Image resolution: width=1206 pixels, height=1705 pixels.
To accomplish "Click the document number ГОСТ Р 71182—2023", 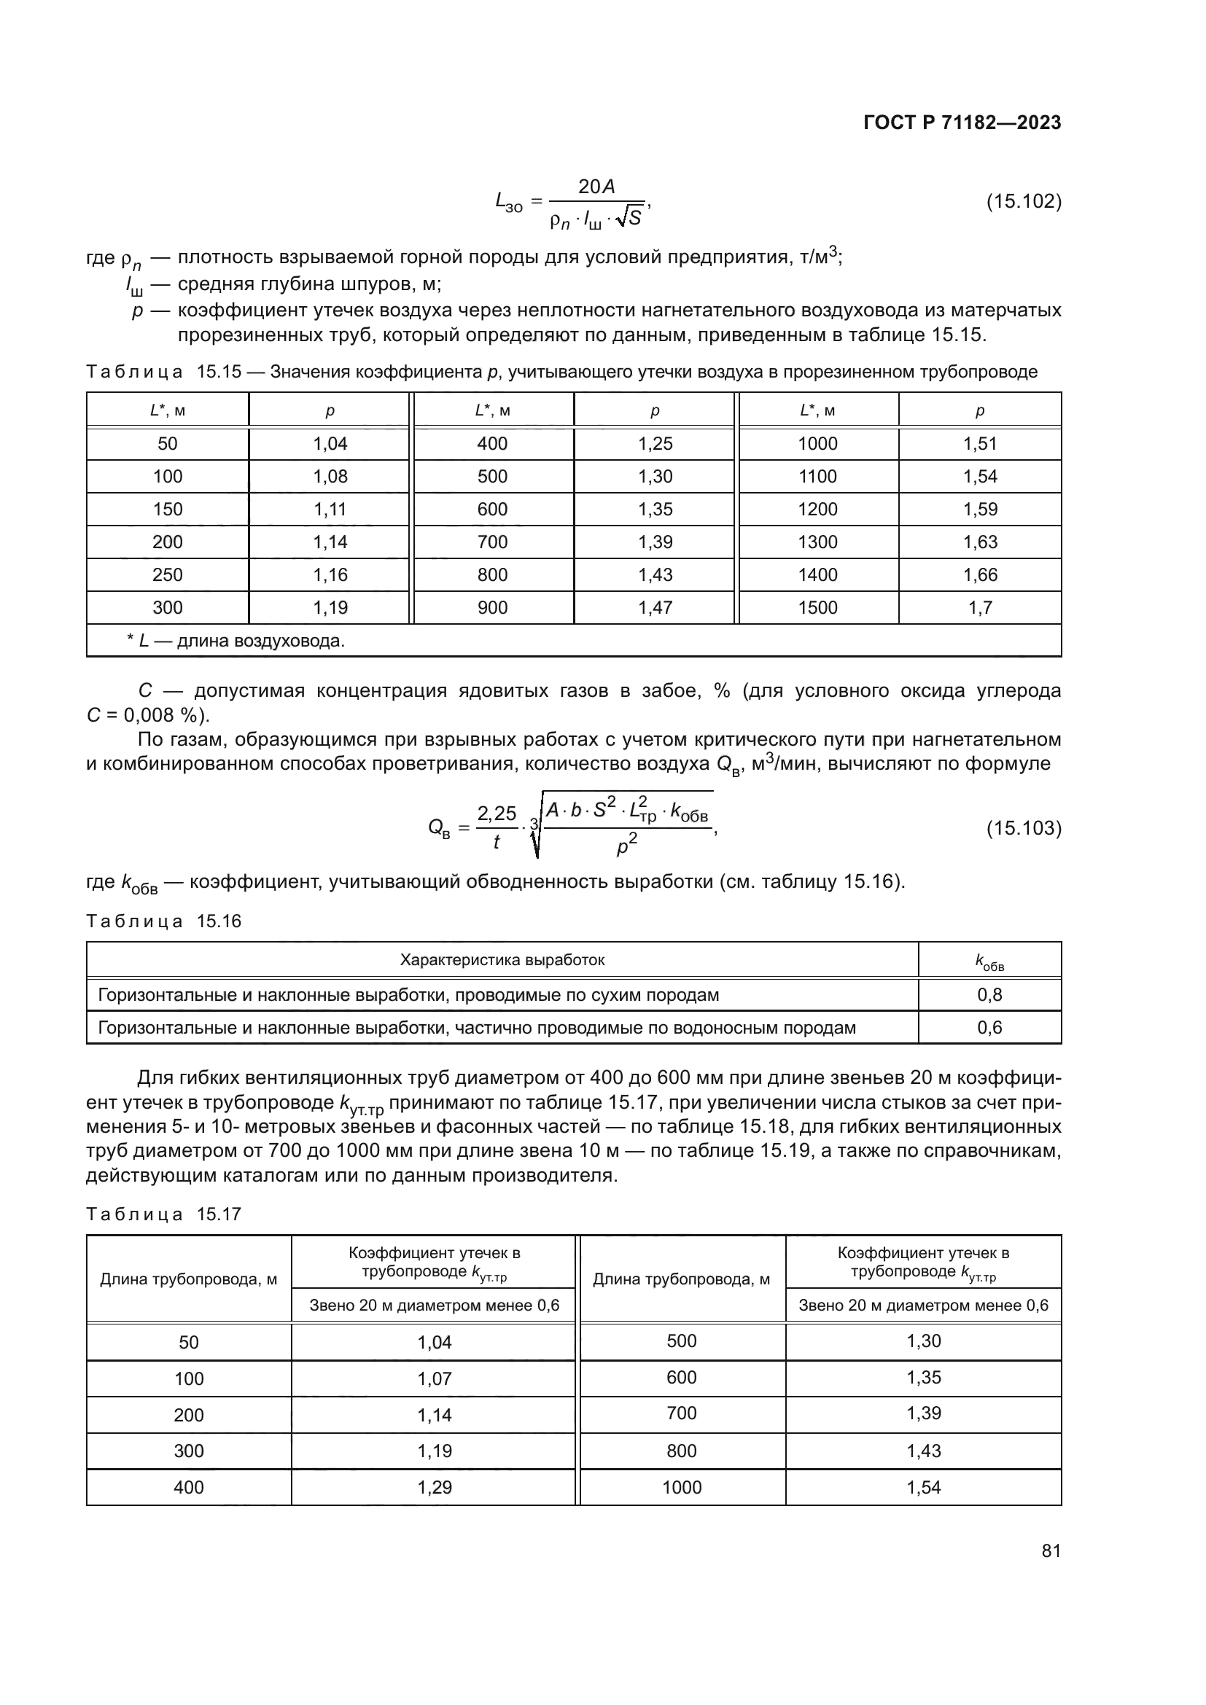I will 962,123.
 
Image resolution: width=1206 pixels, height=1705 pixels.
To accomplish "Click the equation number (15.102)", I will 1023,202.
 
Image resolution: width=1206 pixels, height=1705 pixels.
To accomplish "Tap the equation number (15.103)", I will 1023,828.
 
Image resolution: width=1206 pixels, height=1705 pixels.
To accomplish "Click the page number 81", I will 1051,1551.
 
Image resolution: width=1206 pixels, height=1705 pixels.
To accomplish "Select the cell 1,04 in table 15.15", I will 330,444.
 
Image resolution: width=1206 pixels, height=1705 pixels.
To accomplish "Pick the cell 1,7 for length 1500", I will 979,608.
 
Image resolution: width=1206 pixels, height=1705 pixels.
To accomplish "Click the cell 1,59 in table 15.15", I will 979,510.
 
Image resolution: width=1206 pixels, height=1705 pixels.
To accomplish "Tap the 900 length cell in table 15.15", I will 492,608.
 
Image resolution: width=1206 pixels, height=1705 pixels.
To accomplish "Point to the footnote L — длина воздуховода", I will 236,641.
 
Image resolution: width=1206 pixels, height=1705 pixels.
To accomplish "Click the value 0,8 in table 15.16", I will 989,995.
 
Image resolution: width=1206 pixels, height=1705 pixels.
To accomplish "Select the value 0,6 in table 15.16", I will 989,1029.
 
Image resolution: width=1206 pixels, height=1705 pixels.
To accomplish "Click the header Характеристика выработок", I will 502,960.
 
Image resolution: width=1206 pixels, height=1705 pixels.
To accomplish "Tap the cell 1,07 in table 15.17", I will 435,1379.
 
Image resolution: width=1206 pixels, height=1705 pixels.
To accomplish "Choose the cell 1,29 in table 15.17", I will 435,1488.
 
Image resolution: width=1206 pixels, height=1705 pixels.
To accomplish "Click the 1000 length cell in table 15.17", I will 682,1488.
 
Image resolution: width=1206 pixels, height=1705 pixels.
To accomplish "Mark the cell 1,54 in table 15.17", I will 923,1488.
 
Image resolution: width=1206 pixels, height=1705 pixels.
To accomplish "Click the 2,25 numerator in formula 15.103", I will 496,814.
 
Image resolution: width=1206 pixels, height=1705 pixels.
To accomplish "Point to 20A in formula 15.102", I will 596,187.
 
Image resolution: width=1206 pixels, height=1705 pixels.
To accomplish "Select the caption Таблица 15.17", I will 164,1215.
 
